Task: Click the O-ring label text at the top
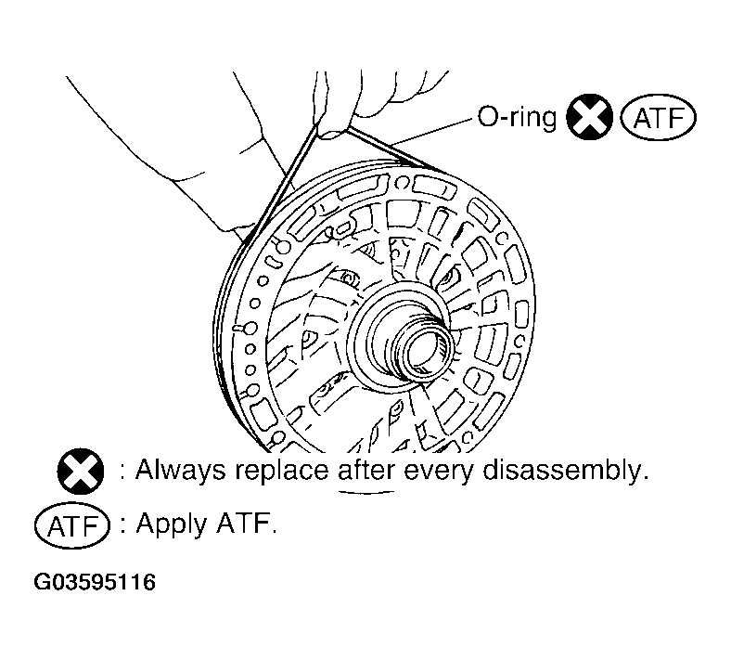point(517,119)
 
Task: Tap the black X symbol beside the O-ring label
point(589,117)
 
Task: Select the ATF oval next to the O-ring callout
point(658,118)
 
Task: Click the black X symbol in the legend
point(80,471)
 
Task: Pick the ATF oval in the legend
point(72,525)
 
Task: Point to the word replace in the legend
point(282,471)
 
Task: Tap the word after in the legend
point(366,469)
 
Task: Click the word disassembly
point(565,470)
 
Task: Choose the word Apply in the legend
point(171,524)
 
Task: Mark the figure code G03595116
point(95,583)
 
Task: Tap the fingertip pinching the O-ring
point(332,135)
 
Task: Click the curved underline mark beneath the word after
point(365,491)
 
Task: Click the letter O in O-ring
point(488,117)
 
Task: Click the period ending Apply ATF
point(274,532)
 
